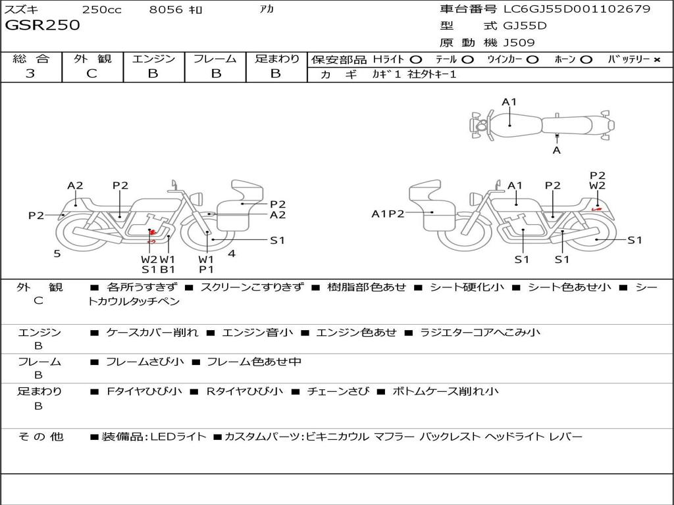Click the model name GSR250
pos(42,25)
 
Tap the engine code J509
pos(519,43)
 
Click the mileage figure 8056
pos(166,9)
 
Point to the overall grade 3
pos(30,74)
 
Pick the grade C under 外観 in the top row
pos(91,74)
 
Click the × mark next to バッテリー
pos(657,60)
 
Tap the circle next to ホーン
pos(586,60)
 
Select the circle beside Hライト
pos(416,60)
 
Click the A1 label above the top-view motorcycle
pos(509,102)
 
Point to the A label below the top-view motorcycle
pos(557,151)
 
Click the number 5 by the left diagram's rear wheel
pos(57,254)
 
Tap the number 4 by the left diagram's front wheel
pos(232,254)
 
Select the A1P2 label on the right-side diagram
pos(388,214)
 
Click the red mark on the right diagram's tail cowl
pos(596,208)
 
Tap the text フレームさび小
pos(145,362)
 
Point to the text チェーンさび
pos(338,391)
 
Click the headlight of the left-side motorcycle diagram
pos(197,199)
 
